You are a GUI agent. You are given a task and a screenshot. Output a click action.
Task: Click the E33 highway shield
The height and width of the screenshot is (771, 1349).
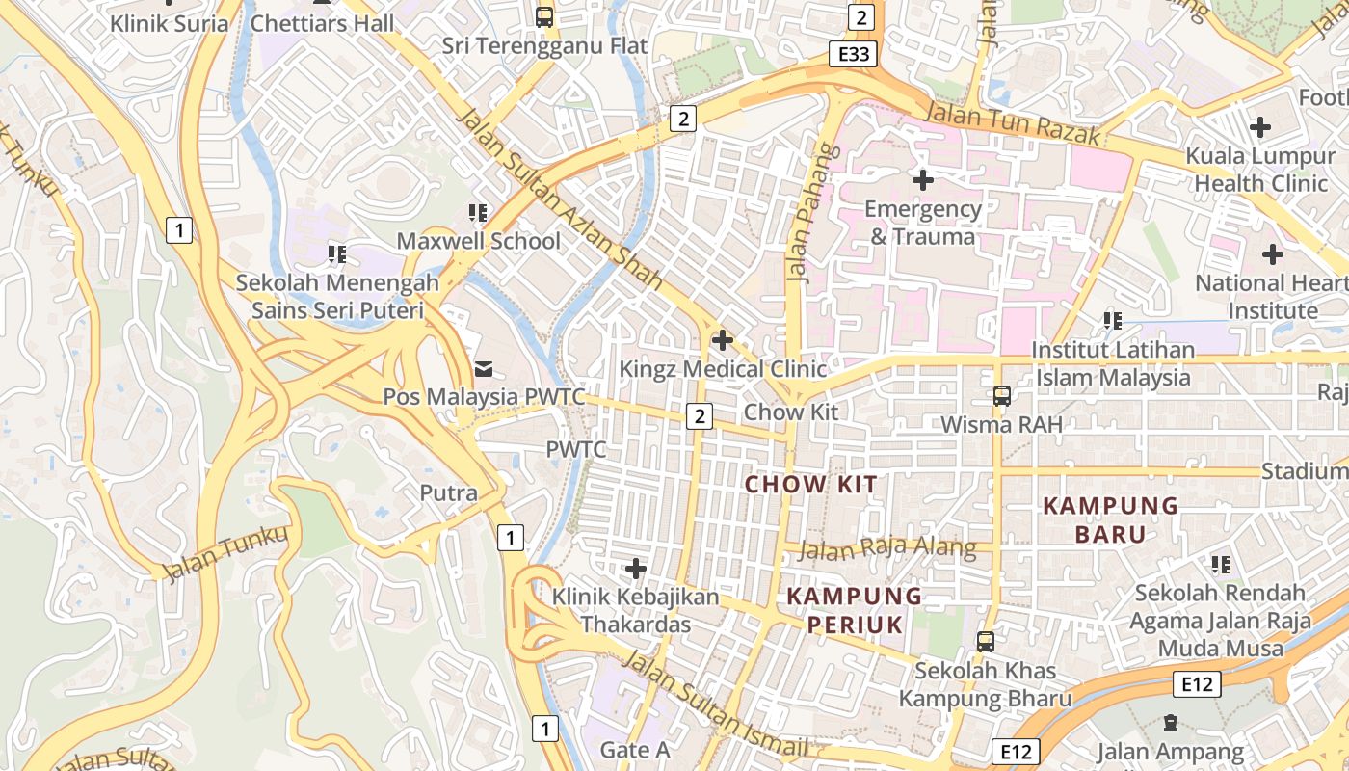(x=854, y=54)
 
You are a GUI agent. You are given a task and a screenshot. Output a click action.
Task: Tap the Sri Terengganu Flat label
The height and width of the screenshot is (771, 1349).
(x=544, y=45)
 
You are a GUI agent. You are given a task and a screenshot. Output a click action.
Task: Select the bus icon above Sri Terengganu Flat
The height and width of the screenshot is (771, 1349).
(x=544, y=16)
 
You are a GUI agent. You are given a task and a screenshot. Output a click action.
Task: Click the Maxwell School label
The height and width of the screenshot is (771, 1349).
(x=478, y=241)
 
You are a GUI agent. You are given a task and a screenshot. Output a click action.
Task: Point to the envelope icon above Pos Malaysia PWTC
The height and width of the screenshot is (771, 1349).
(x=483, y=368)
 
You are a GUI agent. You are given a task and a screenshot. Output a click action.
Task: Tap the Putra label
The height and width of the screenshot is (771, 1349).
(x=448, y=492)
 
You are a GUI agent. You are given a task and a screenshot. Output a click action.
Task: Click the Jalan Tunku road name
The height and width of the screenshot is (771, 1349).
(x=225, y=555)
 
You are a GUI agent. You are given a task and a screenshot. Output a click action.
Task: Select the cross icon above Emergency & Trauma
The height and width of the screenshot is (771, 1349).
(x=923, y=179)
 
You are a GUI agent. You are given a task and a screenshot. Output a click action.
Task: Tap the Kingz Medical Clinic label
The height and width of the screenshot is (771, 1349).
(x=723, y=369)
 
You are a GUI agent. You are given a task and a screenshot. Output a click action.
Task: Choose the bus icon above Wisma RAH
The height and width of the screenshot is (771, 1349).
(x=1001, y=396)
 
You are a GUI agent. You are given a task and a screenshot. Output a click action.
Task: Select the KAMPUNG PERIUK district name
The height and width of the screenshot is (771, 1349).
(x=855, y=610)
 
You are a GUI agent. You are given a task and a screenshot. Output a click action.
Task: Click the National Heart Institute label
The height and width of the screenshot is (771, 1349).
(x=1272, y=297)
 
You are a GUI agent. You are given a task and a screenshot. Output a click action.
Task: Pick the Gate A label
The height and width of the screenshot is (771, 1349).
(x=634, y=749)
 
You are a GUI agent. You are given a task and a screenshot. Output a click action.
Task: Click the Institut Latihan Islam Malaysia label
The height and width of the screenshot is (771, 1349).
(x=1113, y=363)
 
